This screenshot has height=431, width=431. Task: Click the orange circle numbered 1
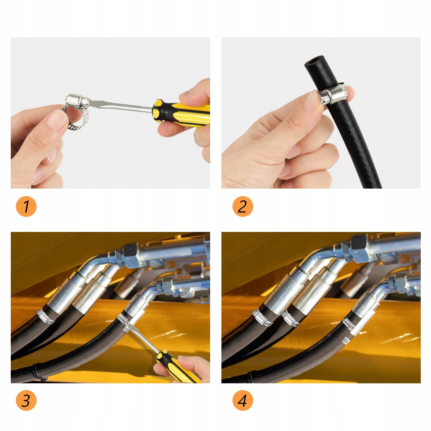26,206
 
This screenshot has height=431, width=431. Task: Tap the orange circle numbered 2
243,206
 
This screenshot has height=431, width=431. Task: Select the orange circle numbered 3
26,400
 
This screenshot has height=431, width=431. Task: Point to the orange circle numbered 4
243,400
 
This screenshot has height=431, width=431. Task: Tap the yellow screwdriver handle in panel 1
183,113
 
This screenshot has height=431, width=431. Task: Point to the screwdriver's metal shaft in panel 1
121,106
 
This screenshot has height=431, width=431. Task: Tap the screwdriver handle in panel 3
176,366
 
